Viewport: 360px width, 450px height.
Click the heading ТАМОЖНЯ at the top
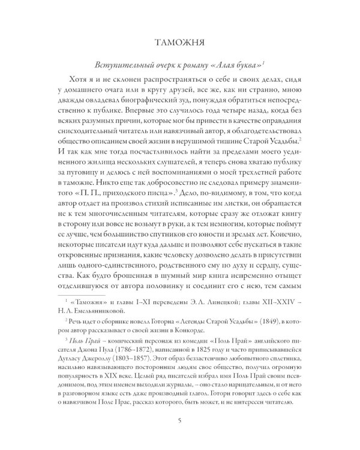(180, 43)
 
